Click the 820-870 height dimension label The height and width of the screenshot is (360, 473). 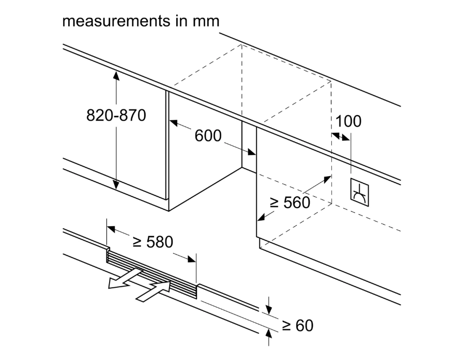(116, 115)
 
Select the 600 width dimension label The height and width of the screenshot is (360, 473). (208, 136)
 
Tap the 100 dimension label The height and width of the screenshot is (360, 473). (348, 121)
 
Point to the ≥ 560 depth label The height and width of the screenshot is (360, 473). (290, 202)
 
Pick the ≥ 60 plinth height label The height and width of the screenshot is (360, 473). (298, 325)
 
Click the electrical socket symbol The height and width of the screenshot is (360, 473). (359, 192)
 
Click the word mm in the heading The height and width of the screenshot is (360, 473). (207, 21)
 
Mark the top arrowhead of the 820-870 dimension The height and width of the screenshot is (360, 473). (116, 75)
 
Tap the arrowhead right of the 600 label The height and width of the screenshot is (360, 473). (252, 152)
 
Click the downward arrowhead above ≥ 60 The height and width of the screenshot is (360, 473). (268, 310)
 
